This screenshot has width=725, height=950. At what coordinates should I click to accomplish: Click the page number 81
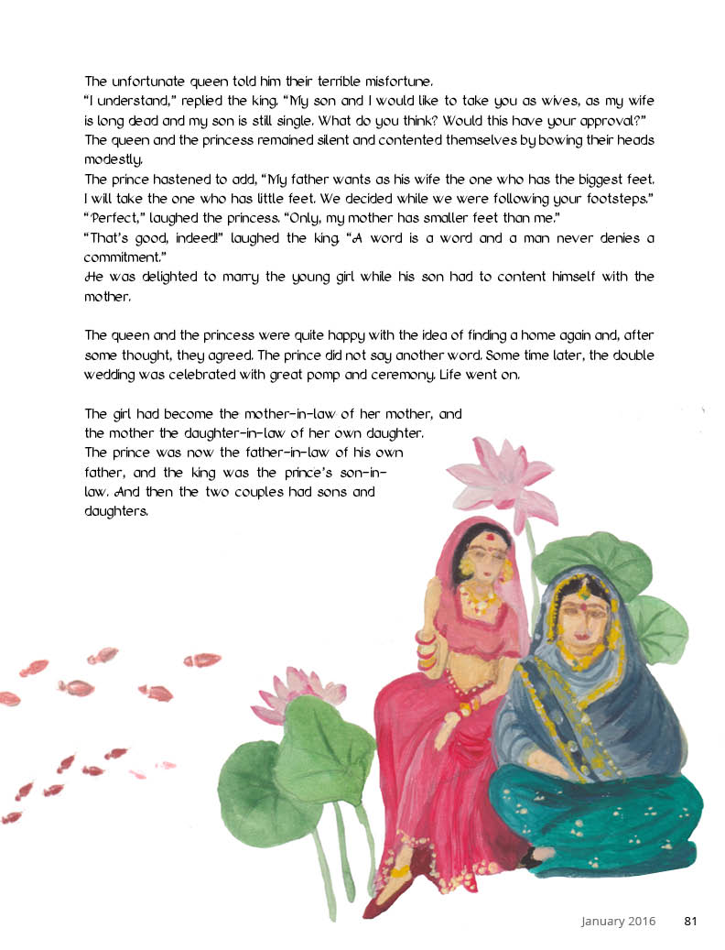point(691,922)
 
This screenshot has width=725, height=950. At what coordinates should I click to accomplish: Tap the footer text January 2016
point(618,922)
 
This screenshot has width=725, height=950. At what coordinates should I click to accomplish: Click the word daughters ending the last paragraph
point(116,513)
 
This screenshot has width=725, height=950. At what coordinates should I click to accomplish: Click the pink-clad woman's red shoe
point(382,902)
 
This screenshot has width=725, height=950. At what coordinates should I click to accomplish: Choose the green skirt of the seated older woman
point(600,815)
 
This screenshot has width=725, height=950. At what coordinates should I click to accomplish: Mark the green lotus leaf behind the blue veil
point(586,559)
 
